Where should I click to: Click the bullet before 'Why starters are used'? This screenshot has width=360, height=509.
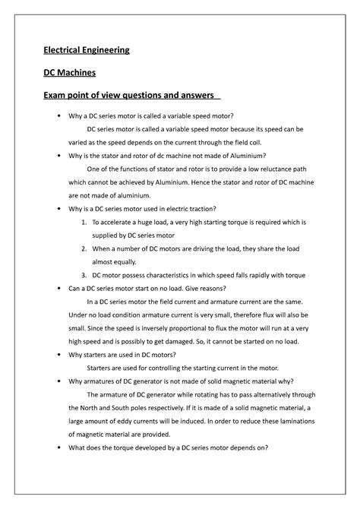[x=58, y=354]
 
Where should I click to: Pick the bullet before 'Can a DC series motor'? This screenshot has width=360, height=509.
[x=58, y=288]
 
